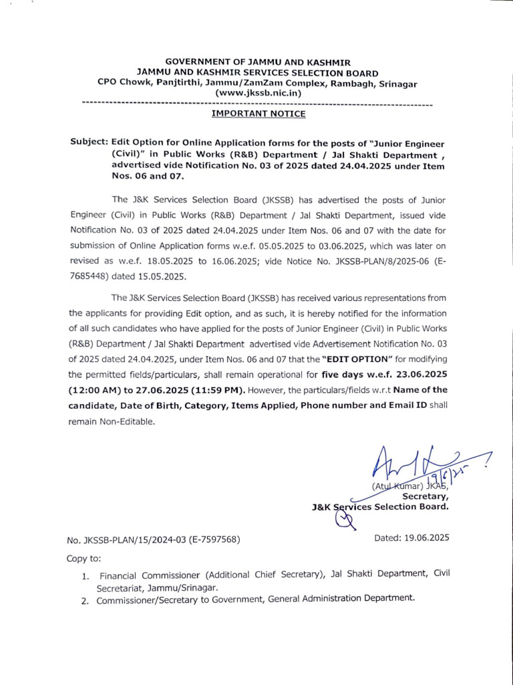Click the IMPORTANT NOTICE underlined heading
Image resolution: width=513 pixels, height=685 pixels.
tap(259, 114)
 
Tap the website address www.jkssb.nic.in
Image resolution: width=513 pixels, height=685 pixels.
tap(258, 94)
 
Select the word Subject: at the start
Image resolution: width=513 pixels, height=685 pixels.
tap(88, 143)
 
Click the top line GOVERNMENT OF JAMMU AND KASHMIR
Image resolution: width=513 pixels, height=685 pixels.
tap(257, 62)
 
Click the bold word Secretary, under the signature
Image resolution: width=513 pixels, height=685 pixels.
tap(425, 496)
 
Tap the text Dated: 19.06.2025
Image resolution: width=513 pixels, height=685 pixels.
tap(411, 537)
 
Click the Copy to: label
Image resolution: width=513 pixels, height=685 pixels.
tap(83, 558)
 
